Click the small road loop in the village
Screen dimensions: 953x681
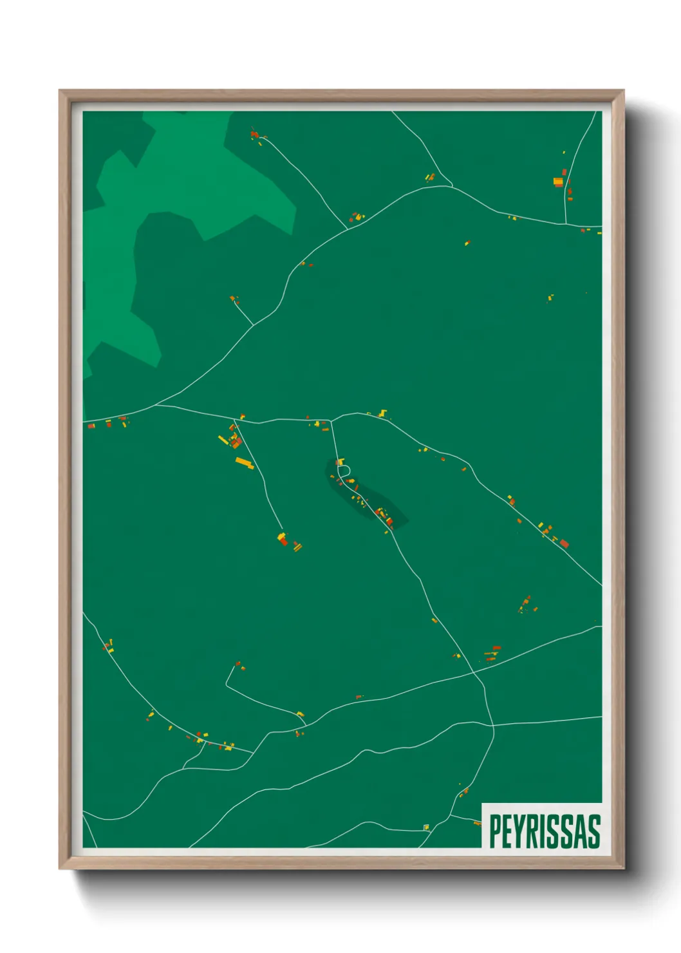343,471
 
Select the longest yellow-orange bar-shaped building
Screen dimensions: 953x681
245,462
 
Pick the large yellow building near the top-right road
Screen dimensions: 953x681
558,182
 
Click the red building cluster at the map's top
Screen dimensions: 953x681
254,135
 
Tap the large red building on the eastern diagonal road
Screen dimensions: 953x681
564,544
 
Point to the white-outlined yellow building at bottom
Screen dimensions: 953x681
426,827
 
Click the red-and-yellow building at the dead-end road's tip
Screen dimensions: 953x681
282,538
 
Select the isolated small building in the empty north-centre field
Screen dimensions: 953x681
467,243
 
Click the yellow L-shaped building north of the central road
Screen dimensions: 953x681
384,413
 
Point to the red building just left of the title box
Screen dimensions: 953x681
477,823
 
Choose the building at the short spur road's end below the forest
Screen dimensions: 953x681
234,299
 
